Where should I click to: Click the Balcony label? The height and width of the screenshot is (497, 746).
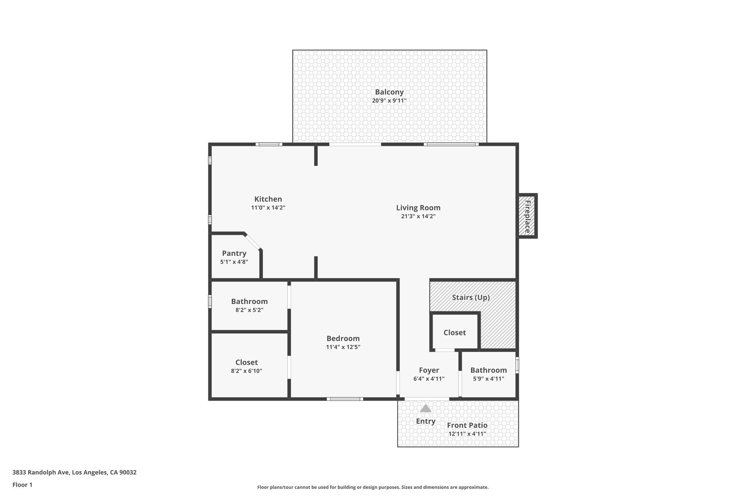[389, 92]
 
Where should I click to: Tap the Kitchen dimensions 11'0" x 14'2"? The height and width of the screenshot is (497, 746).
[268, 208]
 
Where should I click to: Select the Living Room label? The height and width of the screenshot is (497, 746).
[418, 208]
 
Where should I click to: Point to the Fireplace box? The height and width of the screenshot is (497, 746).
[527, 216]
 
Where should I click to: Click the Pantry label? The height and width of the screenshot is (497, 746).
[234, 253]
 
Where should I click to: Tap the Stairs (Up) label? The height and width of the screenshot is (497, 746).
[471, 297]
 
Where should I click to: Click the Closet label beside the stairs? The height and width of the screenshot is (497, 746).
[454, 333]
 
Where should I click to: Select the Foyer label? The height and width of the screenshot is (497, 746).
[429, 370]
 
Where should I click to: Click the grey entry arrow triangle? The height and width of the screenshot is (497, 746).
[425, 409]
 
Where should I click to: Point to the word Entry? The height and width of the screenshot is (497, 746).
[425, 421]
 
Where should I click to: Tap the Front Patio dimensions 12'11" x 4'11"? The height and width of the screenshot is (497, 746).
[467, 434]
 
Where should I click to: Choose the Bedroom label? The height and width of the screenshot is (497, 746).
[343, 339]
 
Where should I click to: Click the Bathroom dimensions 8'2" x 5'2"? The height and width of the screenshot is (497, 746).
[249, 310]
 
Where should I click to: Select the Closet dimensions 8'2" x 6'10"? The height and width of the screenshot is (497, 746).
[246, 371]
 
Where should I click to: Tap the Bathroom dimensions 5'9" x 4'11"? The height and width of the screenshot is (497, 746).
[488, 379]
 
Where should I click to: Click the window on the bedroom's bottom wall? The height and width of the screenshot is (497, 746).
[345, 399]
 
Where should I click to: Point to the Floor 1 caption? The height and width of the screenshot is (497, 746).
[22, 485]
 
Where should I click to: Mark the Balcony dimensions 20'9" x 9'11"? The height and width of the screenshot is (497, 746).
[389, 101]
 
